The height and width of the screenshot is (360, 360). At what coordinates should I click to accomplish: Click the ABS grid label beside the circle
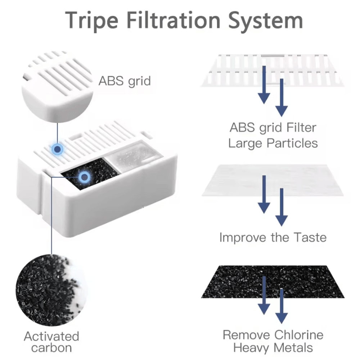(125, 81)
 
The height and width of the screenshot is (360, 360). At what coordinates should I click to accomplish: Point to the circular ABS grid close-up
(57, 86)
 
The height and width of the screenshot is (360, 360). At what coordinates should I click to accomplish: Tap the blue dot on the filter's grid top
(57, 149)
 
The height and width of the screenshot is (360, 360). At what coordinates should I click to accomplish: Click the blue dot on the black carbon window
(85, 177)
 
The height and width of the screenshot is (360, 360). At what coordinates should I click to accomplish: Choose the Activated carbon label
(51, 342)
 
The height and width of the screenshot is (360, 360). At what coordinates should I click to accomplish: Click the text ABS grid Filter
(273, 128)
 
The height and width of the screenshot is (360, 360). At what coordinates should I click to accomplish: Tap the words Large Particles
(273, 143)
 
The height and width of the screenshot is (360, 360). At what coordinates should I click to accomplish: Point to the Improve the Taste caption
(273, 237)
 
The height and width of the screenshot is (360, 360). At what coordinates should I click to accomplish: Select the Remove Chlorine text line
(273, 335)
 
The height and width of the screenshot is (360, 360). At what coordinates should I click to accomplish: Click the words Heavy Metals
(273, 348)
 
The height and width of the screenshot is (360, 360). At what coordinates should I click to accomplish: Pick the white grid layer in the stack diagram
(273, 70)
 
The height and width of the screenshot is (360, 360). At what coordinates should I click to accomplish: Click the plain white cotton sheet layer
(273, 180)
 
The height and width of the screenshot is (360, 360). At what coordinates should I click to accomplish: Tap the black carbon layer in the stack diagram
(273, 282)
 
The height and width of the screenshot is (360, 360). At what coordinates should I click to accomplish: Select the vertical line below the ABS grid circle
(57, 133)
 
